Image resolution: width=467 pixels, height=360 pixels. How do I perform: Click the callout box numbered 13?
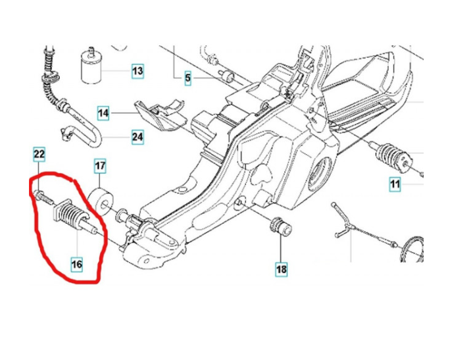137,70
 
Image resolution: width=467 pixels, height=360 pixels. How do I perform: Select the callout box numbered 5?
187,78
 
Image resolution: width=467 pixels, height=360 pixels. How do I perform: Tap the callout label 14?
104,113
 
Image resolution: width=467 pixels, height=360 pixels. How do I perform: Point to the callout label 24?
137,138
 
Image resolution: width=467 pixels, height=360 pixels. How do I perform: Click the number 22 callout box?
39,155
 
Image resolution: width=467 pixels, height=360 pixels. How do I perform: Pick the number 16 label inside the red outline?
77,265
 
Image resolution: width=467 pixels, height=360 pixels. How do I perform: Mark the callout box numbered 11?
394,184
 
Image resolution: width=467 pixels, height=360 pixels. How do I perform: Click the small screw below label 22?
43,196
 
